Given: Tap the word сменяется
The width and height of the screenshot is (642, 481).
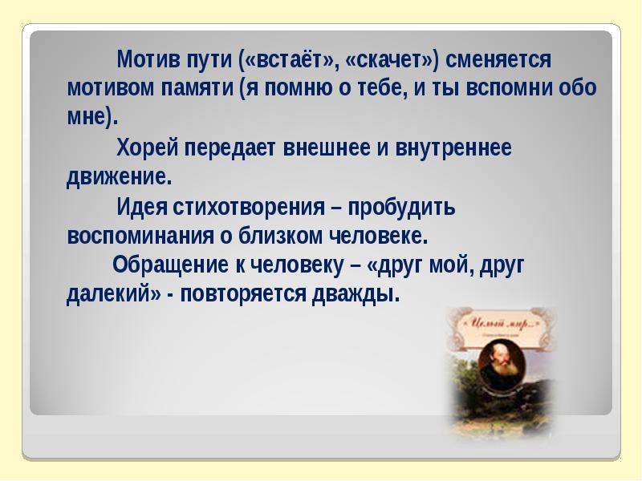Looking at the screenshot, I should [x=498, y=60].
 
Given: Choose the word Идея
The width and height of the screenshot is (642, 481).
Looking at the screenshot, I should [x=141, y=208].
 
